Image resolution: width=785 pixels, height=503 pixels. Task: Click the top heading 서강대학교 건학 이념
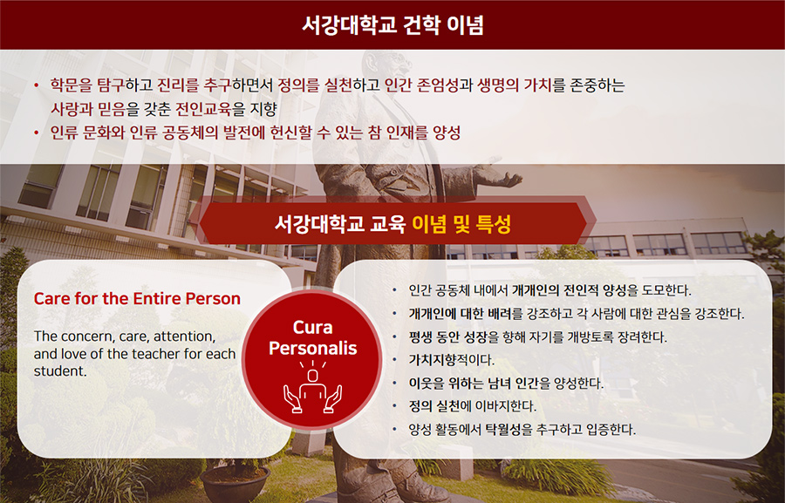[392, 25]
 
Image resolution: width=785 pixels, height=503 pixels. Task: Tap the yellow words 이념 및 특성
[461, 224]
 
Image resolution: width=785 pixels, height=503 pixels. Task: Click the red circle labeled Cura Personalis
[312, 360]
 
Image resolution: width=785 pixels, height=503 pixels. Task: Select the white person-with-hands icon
[312, 389]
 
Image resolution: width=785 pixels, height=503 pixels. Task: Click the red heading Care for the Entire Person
[137, 299]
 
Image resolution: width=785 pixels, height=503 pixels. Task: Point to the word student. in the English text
[60, 371]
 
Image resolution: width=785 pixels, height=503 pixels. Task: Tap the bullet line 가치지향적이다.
[451, 360]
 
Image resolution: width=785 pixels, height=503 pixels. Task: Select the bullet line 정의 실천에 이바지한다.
[472, 406]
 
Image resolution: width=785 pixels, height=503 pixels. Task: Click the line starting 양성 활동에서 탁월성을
[522, 430]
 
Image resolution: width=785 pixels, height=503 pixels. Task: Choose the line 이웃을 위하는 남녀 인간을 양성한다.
[506, 384]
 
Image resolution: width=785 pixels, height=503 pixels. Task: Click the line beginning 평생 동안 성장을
[537, 337]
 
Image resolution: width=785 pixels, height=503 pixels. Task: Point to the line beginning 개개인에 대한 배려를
[577, 314]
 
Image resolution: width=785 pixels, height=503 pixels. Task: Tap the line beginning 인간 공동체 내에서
[549, 290]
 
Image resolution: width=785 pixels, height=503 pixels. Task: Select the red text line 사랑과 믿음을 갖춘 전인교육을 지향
[164, 109]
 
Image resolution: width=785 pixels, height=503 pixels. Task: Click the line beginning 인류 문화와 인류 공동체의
[256, 133]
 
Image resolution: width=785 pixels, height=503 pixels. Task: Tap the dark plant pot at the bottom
[235, 484]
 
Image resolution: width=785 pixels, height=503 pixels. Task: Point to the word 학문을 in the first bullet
[72, 85]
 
